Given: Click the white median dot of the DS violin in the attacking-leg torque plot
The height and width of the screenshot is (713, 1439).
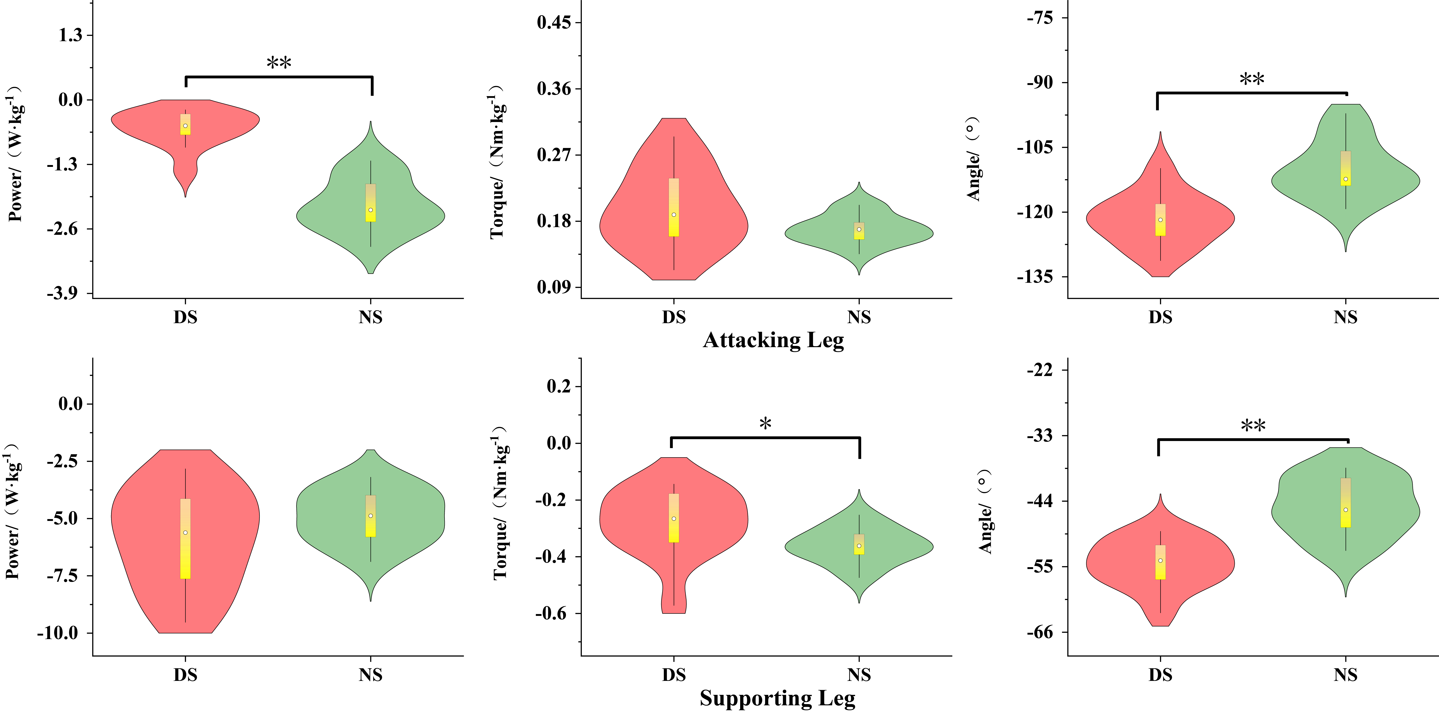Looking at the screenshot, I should (x=674, y=215).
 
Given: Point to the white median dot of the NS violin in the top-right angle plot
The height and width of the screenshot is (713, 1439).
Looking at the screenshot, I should (x=1346, y=179).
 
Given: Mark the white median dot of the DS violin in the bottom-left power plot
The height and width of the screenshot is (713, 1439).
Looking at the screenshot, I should (x=185, y=532).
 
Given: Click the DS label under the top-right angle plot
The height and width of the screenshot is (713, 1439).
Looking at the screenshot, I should (x=1160, y=317).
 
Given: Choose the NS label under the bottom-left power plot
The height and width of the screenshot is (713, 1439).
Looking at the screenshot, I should (x=370, y=675).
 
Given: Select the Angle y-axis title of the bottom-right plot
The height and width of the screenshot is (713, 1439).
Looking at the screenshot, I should (x=985, y=511).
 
